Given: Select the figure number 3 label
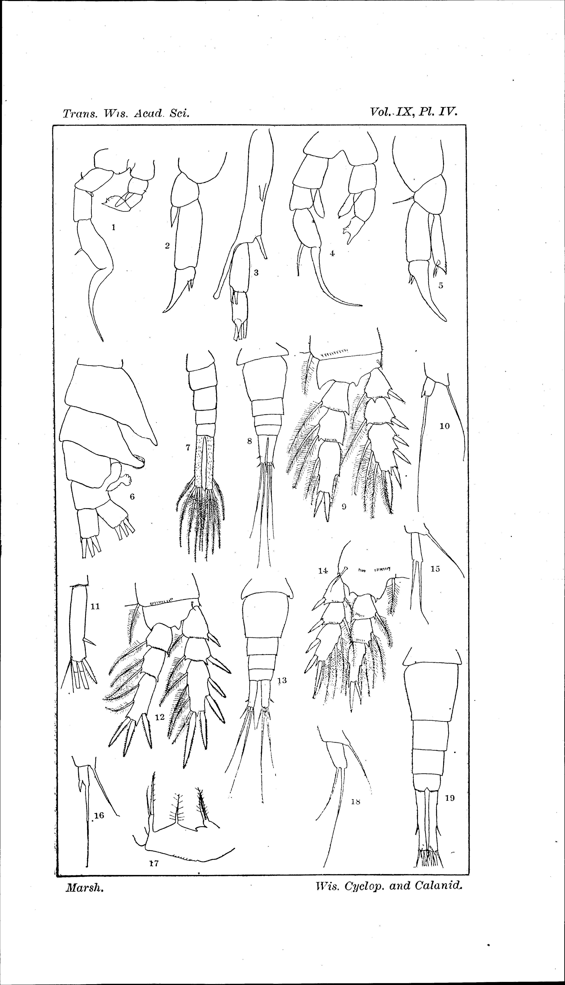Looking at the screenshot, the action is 256,273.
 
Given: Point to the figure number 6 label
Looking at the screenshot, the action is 132,496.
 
